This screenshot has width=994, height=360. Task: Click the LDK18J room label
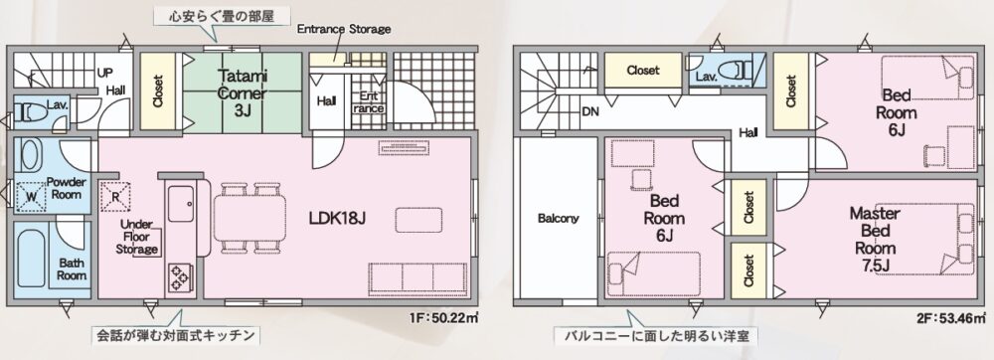pos(338,219)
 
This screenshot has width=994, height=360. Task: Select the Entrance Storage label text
pos(344,29)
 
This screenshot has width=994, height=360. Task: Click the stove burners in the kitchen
pos(179,276)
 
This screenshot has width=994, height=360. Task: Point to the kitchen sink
pos(181,203)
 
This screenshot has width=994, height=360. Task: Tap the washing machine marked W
pos(31,196)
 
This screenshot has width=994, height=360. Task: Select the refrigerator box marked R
pos(116,195)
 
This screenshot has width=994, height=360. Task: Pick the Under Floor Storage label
pos(137,237)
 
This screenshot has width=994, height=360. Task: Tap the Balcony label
pos(559,219)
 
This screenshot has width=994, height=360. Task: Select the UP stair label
pos(105,73)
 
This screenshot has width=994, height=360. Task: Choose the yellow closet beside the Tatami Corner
pos(158,91)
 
